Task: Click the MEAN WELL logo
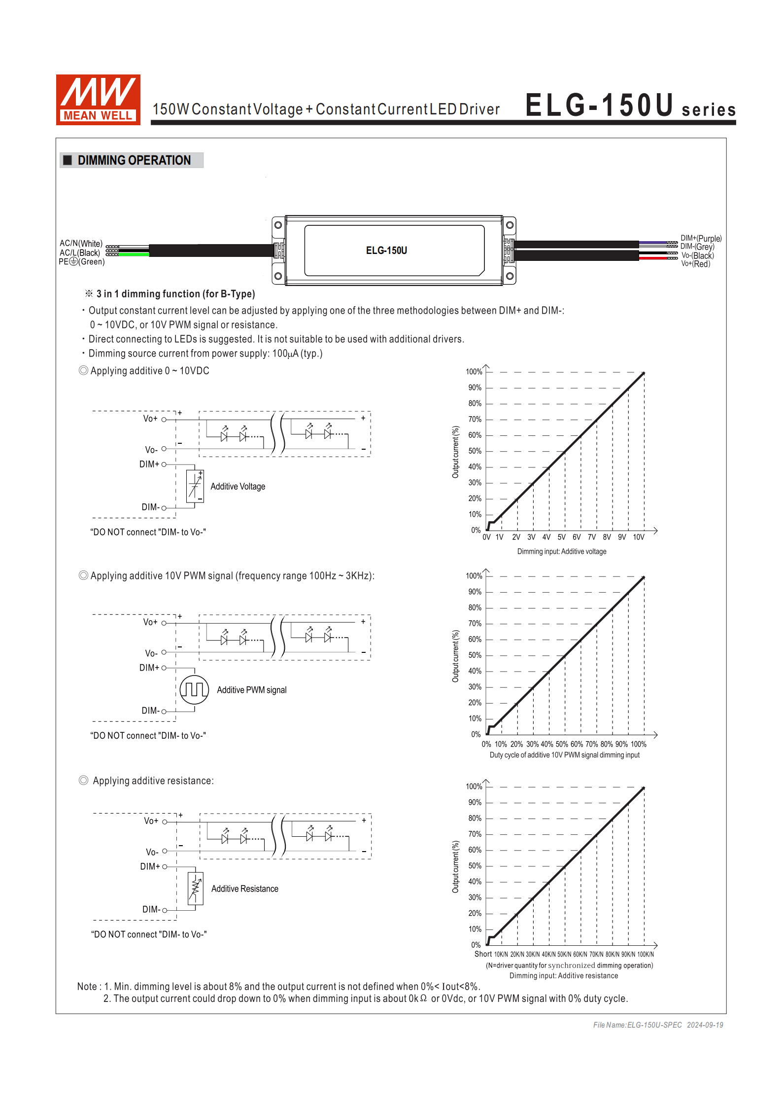coord(98,99)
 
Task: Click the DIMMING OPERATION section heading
coord(134,160)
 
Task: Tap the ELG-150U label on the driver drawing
coord(386,250)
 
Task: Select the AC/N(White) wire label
coord(81,243)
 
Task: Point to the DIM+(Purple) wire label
coord(701,238)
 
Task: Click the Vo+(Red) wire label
coord(695,264)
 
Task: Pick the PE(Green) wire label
coord(82,261)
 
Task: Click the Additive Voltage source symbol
coord(195,486)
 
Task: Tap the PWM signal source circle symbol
coord(194,689)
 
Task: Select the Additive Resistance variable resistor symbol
coord(196,888)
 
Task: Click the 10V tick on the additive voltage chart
coord(638,537)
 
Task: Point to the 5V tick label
coord(561,537)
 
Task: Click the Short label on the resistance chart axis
coord(483,954)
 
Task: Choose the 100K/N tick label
coord(646,955)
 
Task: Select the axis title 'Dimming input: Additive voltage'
coord(561,551)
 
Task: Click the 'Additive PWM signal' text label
coord(251,690)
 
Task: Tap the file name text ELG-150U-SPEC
coord(637,1025)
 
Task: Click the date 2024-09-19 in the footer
coord(705,1025)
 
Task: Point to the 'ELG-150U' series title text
coord(599,106)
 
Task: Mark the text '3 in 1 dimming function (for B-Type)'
coord(175,294)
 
